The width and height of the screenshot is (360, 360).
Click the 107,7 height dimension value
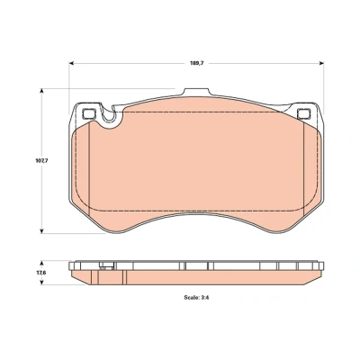click(x=41, y=160)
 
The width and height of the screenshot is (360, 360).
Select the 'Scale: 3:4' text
click(x=196, y=298)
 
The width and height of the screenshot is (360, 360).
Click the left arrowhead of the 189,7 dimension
click(x=71, y=63)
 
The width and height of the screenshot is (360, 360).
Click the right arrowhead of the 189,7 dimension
click(x=321, y=63)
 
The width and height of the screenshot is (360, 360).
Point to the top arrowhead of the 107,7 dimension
click(x=42, y=91)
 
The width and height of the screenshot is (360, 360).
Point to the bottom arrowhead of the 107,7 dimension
click(x=42, y=230)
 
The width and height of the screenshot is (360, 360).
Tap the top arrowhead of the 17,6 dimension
click(x=42, y=264)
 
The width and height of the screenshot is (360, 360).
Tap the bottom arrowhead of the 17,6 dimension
click(x=42, y=283)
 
